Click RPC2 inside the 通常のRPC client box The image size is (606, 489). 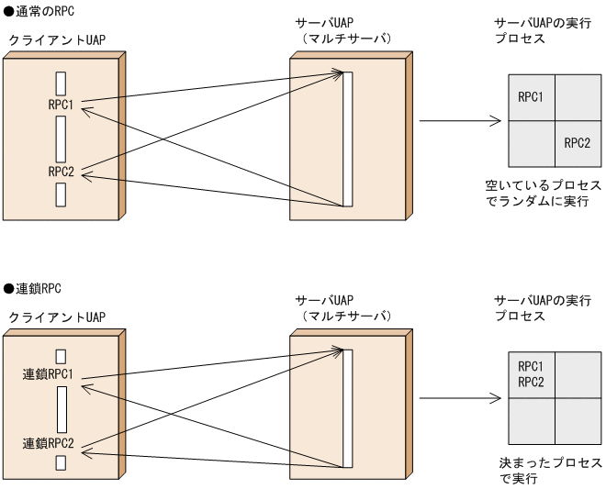point(62,171)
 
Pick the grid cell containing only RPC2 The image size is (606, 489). point(577,143)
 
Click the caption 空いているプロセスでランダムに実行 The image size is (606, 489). point(546,192)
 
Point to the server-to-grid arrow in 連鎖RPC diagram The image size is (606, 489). point(459,399)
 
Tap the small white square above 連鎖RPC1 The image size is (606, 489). point(61,355)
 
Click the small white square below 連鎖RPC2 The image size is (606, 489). point(61,464)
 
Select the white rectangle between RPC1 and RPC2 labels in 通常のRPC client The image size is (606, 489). point(61,139)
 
